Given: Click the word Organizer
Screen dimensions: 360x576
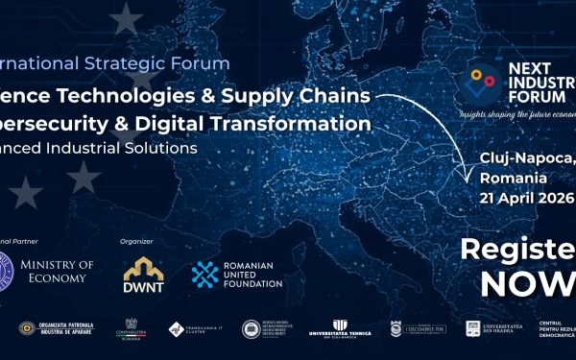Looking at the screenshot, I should (136, 241).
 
